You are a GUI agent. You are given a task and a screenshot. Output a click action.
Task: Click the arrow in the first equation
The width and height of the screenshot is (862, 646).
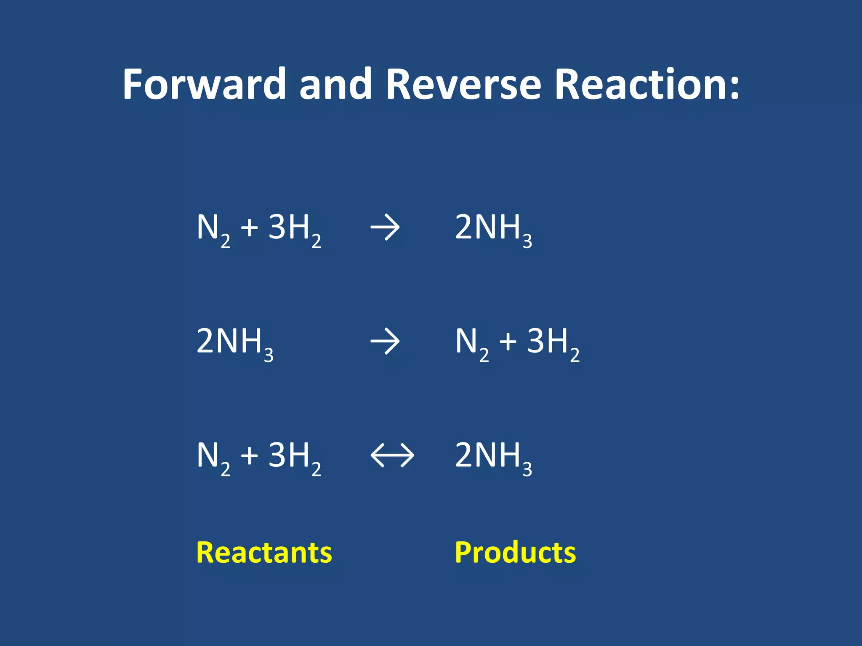pos(385,228)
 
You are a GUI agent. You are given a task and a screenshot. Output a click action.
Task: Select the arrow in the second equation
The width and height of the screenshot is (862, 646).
pos(385,342)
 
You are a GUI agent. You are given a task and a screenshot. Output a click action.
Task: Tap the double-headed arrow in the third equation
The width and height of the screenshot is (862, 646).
pos(392,455)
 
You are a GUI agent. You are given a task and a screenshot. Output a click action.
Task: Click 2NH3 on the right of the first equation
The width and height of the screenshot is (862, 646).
pos(493,229)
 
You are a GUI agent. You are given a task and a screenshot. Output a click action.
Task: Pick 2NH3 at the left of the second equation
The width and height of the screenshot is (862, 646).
pos(235,343)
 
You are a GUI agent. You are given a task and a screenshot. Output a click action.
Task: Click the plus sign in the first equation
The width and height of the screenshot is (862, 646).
pos(249,228)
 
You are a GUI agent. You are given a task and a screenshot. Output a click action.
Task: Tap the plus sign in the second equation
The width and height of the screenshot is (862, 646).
pos(508,342)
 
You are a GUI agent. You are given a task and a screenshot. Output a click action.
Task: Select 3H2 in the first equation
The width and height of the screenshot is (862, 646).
pos(295,229)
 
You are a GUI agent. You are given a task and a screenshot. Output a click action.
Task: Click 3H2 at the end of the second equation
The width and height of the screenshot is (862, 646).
pos(553,343)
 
